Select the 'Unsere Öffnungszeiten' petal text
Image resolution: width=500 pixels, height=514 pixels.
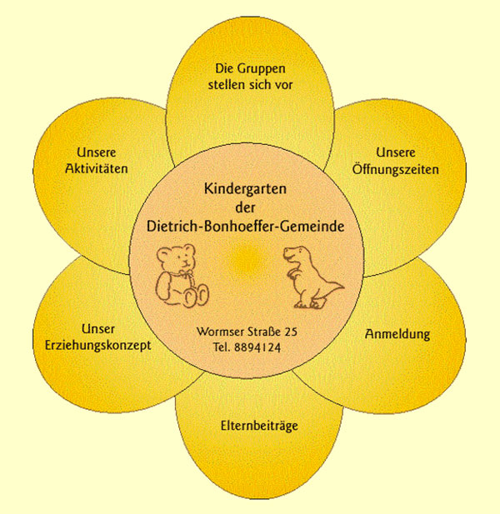(x=407, y=161)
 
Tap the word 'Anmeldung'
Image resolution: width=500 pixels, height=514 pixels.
(x=397, y=335)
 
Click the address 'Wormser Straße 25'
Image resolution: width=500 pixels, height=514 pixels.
(x=247, y=332)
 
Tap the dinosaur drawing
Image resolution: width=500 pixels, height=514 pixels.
(x=309, y=274)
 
